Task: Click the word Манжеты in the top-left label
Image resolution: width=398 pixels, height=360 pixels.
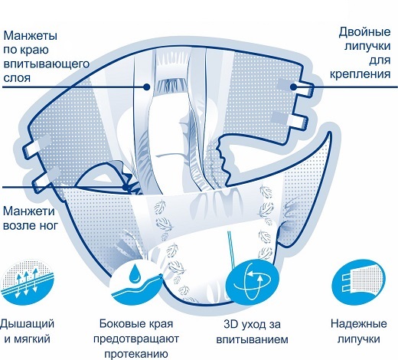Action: coord(31,35)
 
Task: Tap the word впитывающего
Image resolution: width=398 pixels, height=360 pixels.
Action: coord(47,64)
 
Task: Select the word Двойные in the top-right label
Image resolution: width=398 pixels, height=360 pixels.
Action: coord(364,32)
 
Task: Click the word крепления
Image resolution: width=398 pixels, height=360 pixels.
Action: coord(360,74)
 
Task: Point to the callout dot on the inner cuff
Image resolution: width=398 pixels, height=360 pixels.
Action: coord(146,87)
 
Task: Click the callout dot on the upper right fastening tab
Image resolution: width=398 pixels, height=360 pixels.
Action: coord(294,87)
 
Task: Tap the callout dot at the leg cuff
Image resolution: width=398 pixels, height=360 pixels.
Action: coord(126,188)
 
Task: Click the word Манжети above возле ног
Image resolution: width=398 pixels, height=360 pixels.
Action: coord(29,211)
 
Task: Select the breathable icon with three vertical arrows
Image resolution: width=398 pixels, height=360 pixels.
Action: coord(27,282)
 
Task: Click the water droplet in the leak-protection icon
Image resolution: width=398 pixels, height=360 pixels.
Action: coord(133,272)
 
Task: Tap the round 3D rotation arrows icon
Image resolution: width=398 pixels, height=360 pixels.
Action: coord(253,281)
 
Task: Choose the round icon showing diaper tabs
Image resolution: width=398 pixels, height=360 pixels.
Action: coord(358,282)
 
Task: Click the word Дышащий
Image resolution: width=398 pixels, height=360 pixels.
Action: coord(27,325)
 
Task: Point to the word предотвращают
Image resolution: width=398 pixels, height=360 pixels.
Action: coord(136,339)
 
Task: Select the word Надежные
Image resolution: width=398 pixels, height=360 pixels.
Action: coord(359,324)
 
